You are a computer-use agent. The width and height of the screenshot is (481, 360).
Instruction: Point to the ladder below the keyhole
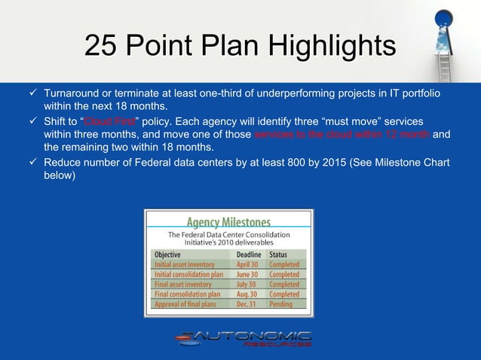click(445, 60)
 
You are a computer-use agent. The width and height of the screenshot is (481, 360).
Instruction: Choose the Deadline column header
click(250, 255)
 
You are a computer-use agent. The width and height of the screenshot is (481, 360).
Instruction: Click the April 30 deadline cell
click(248, 265)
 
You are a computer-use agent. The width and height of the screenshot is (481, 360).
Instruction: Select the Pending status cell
click(282, 304)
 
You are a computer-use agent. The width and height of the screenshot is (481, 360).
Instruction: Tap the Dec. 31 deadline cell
click(247, 304)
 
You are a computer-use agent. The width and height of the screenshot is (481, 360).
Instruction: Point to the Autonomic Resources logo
click(244, 339)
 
